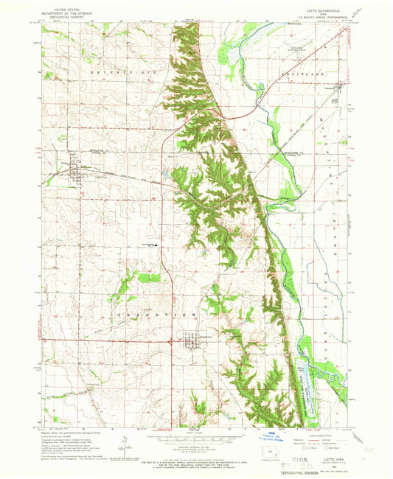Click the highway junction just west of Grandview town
(171, 340)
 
